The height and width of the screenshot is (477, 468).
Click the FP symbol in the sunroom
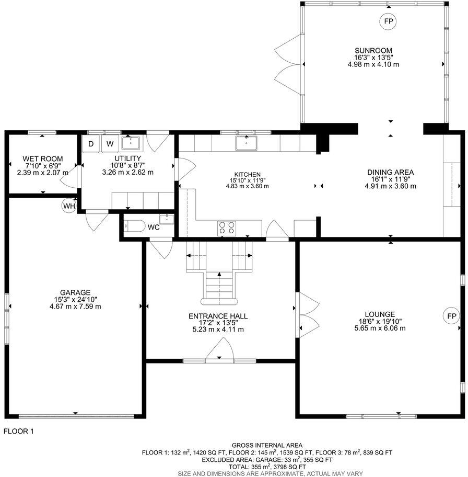[x=388, y=21]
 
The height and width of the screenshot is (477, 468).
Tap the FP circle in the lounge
[x=452, y=315]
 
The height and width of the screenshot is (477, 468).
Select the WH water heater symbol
[x=69, y=206]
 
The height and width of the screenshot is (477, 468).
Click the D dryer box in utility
[x=91, y=143]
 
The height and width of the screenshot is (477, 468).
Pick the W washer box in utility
[x=110, y=143]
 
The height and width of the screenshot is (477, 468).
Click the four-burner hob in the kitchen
[x=227, y=228]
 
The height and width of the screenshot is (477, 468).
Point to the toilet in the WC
[x=135, y=227]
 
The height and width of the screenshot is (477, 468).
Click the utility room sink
[x=129, y=142]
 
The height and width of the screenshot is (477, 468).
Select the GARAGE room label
[x=75, y=292]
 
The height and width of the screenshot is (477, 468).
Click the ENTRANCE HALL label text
[x=218, y=316]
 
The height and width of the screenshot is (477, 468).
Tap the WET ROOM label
[x=43, y=158]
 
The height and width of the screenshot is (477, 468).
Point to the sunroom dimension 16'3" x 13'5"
[x=373, y=58]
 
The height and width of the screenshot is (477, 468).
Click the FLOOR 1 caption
[x=19, y=431]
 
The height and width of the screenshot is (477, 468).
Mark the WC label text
[x=153, y=228]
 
